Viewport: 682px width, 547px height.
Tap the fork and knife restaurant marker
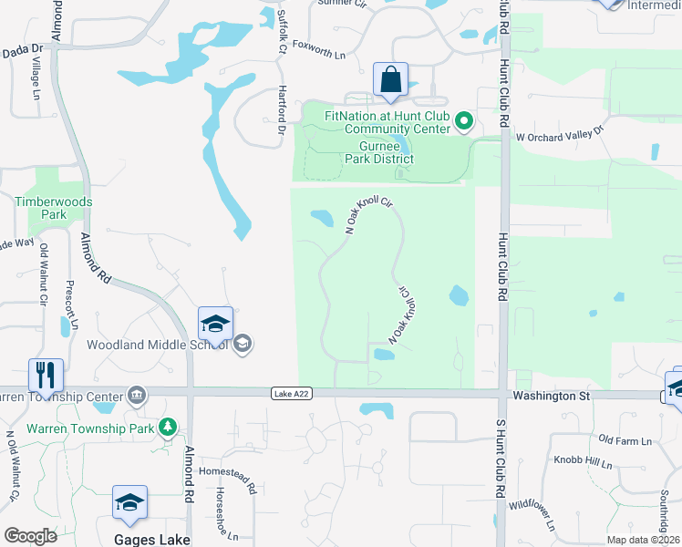(45, 374)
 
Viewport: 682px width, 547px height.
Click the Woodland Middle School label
(157, 345)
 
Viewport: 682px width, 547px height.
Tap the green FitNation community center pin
(464, 120)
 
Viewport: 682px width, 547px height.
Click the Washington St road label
(553, 397)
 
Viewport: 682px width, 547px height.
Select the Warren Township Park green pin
(167, 427)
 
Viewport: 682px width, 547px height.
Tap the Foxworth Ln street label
(315, 55)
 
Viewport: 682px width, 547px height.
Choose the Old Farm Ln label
(625, 441)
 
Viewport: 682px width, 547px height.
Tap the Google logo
(30, 536)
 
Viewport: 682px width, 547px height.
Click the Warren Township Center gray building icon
(136, 396)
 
